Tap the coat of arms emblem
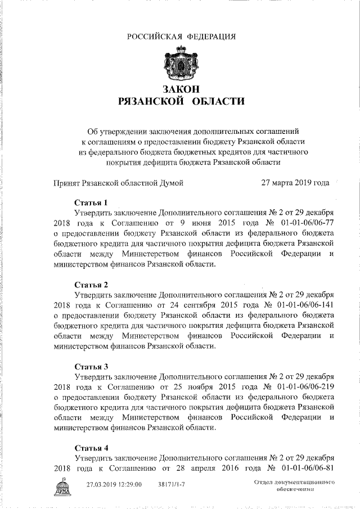180,64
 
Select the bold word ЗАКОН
180,89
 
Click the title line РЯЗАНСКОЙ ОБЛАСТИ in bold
180,102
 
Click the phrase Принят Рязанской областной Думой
118,182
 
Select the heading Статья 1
90,202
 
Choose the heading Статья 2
90,284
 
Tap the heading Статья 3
90,366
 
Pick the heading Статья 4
90,448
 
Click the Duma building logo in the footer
62,488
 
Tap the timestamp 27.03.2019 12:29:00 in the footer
114,484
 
